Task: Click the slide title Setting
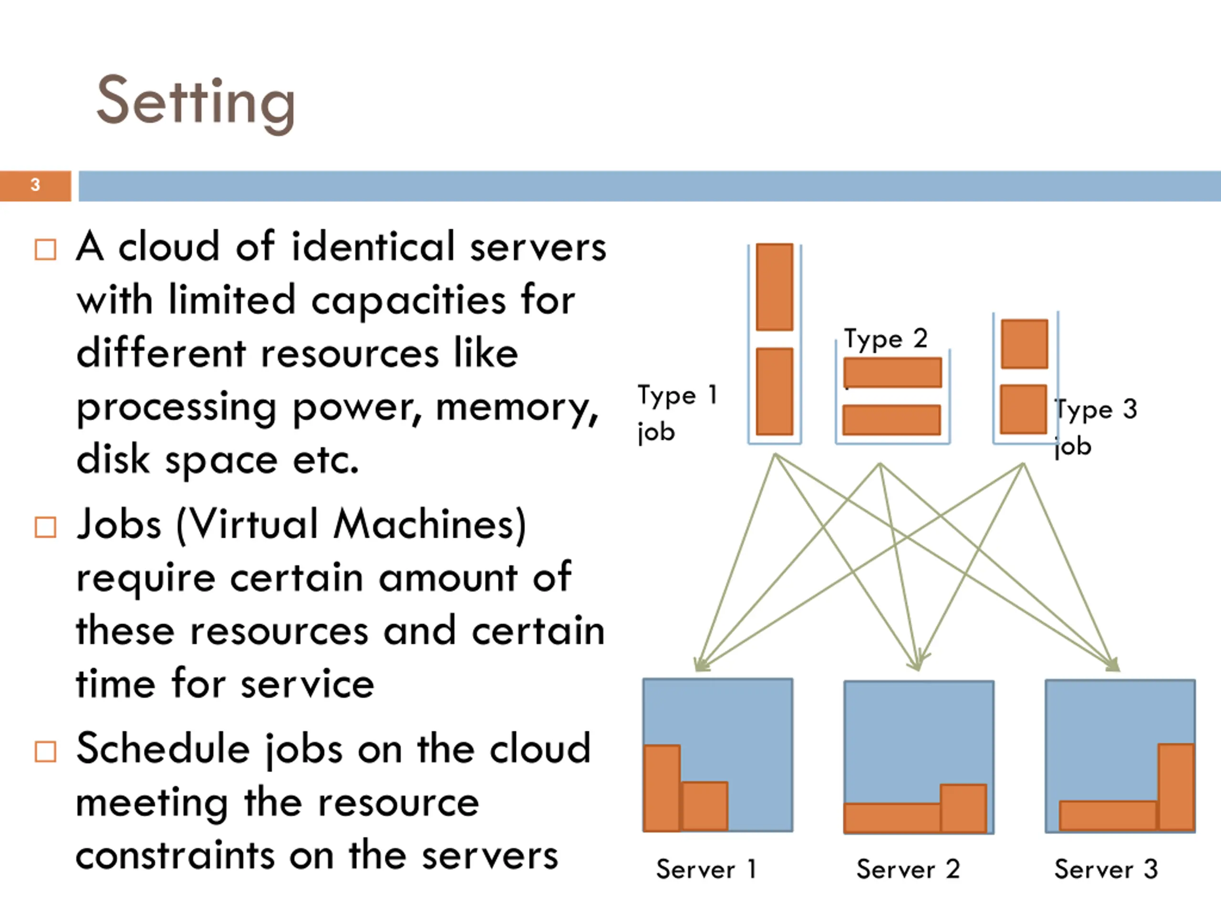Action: point(196,103)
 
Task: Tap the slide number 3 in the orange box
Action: point(35,185)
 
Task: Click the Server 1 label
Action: point(706,870)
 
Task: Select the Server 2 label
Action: point(908,870)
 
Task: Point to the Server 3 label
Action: point(1106,870)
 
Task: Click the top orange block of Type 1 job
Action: point(775,287)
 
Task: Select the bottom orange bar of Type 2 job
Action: point(891,420)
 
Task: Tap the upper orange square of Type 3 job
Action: point(1024,343)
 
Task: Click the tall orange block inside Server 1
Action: point(662,789)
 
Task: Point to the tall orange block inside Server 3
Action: point(1176,787)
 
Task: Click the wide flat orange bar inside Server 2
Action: point(892,818)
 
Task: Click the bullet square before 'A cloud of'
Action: point(45,250)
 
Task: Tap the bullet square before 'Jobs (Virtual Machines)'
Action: point(45,527)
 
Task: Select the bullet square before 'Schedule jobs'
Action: point(45,751)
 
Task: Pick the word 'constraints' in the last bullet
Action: point(175,855)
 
